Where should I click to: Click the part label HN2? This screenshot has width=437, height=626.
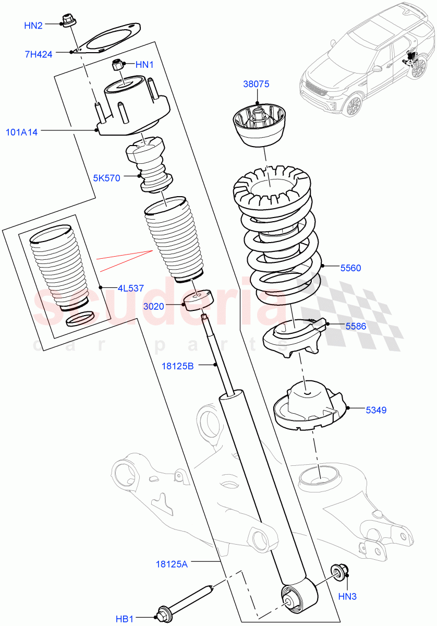click(x=33, y=25)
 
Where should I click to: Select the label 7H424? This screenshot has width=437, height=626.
click(x=38, y=53)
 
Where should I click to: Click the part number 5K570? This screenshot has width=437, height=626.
click(x=107, y=178)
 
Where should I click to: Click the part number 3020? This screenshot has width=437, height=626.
click(x=155, y=306)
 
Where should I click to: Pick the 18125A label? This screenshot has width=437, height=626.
click(x=172, y=563)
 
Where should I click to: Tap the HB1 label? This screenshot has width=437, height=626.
click(x=125, y=619)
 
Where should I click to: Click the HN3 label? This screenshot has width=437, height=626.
click(x=348, y=595)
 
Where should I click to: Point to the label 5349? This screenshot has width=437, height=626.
click(x=375, y=410)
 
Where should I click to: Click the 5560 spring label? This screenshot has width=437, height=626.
click(x=350, y=268)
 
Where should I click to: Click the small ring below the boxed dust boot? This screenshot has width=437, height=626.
click(x=81, y=318)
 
